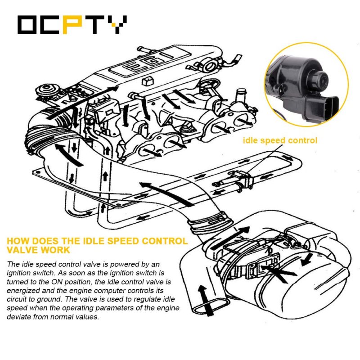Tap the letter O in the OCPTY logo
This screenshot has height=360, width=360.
tap(27, 25)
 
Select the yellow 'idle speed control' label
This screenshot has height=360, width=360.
tap(280, 140)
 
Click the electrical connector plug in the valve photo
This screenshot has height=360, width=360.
tap(325, 107)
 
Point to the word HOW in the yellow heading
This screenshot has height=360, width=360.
tap(18, 241)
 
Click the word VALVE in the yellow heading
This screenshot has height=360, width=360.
tap(22, 250)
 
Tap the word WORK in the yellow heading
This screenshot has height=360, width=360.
tap(55, 250)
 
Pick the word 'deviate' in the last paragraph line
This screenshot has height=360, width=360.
tap(18, 317)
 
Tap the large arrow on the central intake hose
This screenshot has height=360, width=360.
tap(167, 194)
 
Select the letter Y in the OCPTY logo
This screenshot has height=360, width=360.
tap(117, 25)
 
